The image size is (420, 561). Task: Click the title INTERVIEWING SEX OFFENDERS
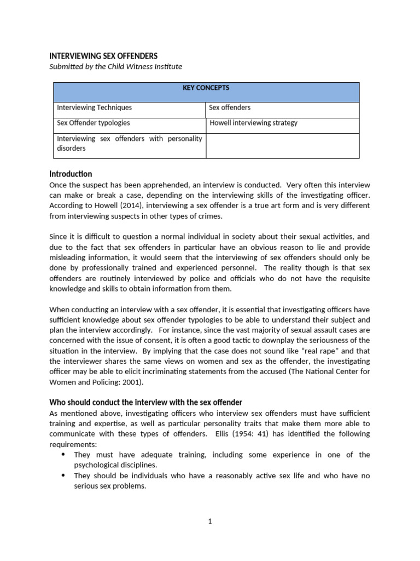point(103,56)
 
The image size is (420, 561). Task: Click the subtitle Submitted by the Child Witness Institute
point(115,66)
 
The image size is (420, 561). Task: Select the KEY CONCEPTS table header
point(206,88)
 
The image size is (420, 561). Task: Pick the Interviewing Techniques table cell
point(94,108)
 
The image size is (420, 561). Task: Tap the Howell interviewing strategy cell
point(253,123)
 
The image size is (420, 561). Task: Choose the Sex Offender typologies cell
point(93,123)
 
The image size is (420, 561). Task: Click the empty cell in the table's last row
point(282,145)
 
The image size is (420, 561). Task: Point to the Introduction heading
point(71,174)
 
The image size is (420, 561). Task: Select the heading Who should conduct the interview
point(145,402)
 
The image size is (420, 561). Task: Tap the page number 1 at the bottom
point(209,522)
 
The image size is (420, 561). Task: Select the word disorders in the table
point(72,148)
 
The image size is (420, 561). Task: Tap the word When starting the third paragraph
point(60,309)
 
